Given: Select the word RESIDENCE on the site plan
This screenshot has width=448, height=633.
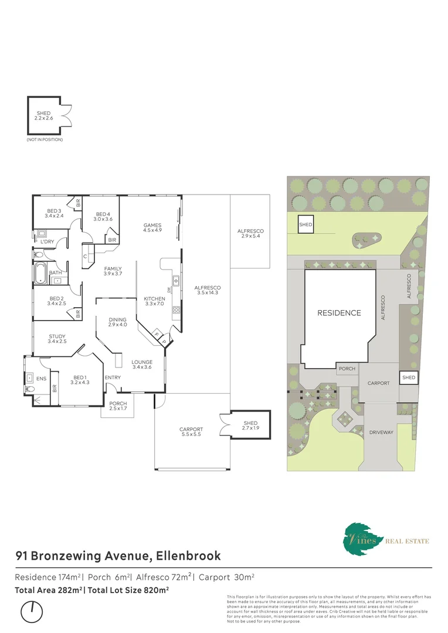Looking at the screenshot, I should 339,313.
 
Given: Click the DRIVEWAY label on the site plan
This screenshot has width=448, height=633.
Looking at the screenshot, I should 381,433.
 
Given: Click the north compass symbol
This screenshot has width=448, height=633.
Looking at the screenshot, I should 32,612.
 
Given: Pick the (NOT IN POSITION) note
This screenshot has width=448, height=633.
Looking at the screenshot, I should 45,139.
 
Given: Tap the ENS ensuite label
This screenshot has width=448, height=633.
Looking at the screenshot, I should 41,379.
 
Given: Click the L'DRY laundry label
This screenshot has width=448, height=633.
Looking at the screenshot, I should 47,241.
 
